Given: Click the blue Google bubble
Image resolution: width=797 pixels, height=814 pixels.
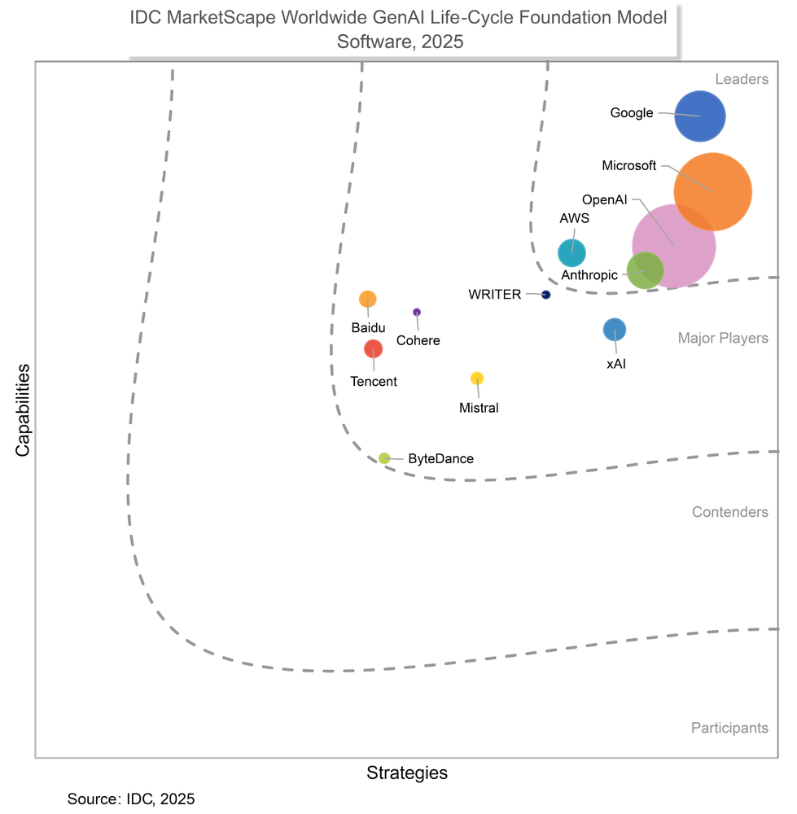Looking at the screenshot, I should tap(700, 116).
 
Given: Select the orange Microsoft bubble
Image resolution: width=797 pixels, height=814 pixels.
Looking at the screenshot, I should tap(713, 191).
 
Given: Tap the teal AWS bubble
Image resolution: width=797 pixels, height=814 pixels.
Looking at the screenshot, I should tap(571, 253).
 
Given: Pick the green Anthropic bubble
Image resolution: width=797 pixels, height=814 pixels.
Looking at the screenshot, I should tap(645, 270).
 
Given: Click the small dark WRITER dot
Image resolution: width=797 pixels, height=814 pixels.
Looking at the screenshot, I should tap(545, 295).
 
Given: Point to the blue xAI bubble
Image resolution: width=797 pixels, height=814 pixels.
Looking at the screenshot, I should tap(615, 330).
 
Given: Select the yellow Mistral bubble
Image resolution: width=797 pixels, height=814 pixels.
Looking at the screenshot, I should tap(477, 378).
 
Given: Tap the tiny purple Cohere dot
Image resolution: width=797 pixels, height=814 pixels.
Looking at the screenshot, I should tap(417, 312).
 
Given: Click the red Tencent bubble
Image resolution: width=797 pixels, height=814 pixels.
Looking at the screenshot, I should tap(373, 348).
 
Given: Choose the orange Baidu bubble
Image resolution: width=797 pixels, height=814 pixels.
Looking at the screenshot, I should tap(368, 299).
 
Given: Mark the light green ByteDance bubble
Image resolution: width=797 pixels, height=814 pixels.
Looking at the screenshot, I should tap(384, 458).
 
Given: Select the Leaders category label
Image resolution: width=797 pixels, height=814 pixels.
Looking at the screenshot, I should tap(741, 79).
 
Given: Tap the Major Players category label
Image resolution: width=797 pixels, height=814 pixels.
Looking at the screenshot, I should tap(723, 338).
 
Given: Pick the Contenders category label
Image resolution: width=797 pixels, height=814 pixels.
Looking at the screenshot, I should tap(729, 512).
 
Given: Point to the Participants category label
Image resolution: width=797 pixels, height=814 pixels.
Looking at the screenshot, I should tap(729, 728).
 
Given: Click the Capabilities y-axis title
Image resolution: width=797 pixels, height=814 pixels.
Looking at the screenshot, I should tap(23, 409).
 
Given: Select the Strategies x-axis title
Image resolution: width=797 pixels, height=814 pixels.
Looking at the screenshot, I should tap(407, 772).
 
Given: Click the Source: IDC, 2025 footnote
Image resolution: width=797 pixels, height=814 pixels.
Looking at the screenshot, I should tap(131, 799).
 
